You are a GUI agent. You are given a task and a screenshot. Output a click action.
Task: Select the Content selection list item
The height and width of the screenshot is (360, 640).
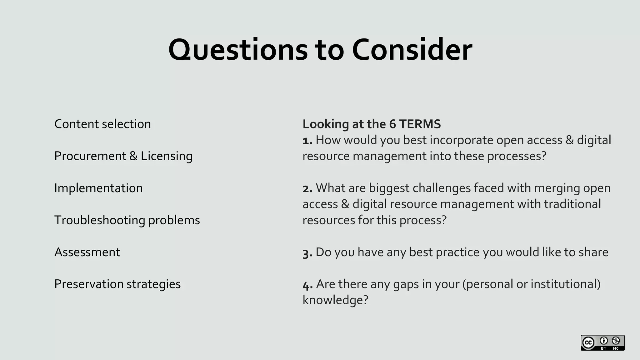pos(102,124)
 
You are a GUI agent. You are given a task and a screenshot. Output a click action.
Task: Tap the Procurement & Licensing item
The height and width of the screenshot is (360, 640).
pos(123,156)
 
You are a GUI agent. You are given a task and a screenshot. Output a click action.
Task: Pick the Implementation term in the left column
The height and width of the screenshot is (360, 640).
pos(98,188)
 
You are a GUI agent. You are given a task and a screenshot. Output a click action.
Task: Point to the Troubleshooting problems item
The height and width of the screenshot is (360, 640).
pos(127,220)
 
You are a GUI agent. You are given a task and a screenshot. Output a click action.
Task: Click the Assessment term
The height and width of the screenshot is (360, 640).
pos(87,252)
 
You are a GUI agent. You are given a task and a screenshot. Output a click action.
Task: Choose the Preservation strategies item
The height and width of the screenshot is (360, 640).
pos(117,284)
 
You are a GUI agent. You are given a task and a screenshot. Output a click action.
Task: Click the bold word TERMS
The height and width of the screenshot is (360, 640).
pos(420,124)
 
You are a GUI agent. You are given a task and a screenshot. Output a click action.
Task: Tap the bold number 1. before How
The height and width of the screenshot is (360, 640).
pos(307,141)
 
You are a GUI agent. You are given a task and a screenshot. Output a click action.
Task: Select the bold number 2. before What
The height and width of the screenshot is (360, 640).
pos(307,188)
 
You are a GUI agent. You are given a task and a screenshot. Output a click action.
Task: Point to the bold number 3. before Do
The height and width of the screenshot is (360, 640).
pos(307,252)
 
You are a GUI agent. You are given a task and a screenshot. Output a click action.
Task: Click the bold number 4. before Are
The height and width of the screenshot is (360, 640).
pos(307,285)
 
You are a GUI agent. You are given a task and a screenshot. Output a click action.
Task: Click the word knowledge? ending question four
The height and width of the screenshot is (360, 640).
pos(335,300)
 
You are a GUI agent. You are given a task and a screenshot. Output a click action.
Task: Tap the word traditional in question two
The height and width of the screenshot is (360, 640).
pos(572,204)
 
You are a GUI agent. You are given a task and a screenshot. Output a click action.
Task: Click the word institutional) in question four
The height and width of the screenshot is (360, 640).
pos(565,284)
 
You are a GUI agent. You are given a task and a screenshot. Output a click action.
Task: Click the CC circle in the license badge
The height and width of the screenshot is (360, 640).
pos(588,343)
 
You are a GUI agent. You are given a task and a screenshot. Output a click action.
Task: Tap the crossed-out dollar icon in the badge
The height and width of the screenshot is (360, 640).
pos(616,341)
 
